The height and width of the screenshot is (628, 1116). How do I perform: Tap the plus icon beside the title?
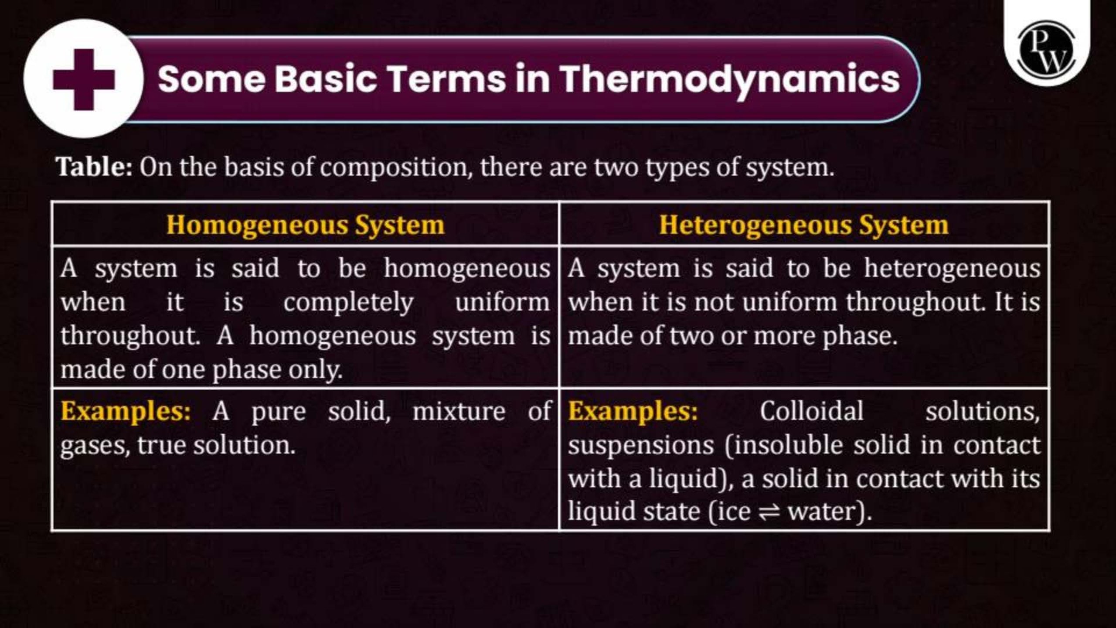click(x=84, y=79)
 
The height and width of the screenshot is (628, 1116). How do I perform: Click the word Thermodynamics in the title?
click(x=731, y=80)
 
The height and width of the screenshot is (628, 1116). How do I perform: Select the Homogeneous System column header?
click(x=305, y=225)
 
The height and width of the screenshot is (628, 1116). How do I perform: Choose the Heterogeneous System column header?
click(x=803, y=225)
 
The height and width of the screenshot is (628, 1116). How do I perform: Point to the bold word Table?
click(x=94, y=167)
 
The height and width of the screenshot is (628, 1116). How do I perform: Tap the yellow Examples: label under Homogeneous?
click(x=126, y=411)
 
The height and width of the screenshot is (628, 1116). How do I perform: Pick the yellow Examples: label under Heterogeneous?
click(x=633, y=411)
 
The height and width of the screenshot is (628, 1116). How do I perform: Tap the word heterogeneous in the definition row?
click(x=953, y=269)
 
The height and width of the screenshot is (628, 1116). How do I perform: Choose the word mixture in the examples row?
click(x=459, y=411)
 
